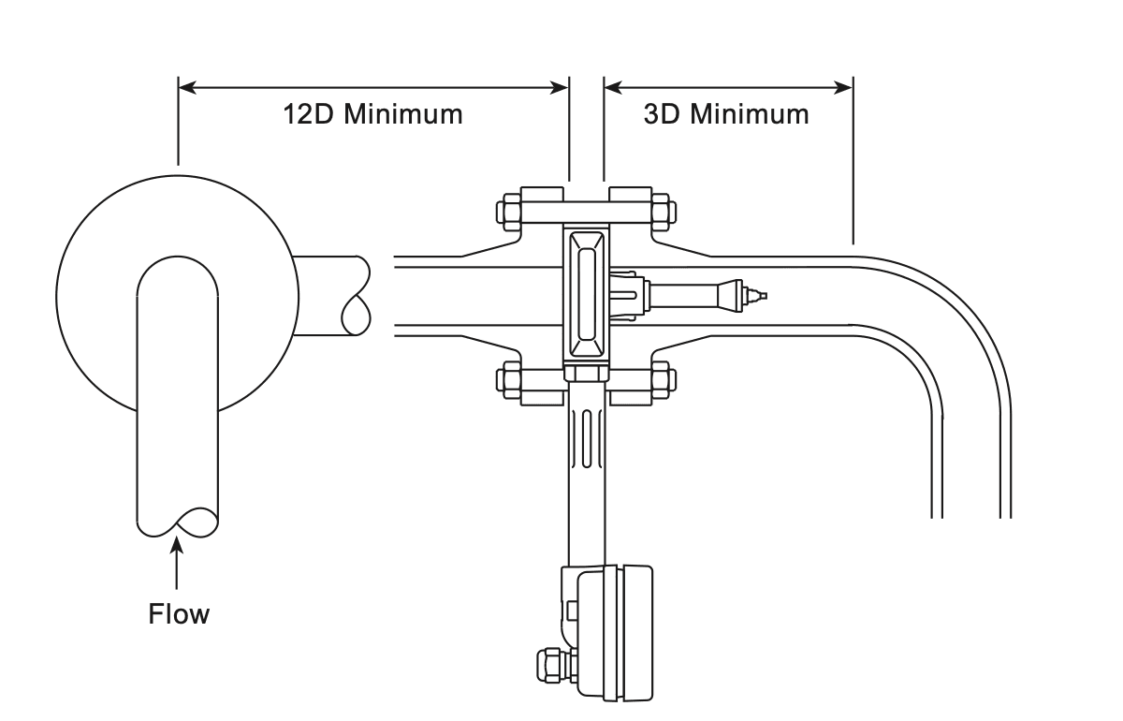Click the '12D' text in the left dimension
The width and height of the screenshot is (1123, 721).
[x=308, y=114]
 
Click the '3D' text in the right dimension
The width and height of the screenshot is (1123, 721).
[x=662, y=114]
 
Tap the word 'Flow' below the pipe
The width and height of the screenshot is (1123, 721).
[x=179, y=613]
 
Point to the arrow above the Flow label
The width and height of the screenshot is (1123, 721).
[x=176, y=563]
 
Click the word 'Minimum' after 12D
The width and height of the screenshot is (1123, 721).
[x=403, y=114]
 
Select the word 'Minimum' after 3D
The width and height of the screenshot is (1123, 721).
[x=750, y=114]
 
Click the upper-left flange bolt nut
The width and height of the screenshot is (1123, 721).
[x=508, y=212]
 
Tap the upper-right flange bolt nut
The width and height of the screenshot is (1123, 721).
[x=664, y=212]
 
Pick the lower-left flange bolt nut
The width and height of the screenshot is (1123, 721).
[x=508, y=380]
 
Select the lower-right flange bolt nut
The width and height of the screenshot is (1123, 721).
[x=664, y=380]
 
